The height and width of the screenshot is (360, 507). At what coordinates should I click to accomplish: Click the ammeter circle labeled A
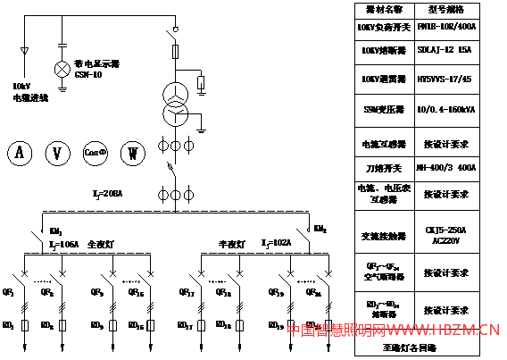coord(19,153)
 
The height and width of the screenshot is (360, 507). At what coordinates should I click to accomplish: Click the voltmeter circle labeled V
coord(57,153)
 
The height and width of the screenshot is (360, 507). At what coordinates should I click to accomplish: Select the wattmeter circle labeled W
coord(132,153)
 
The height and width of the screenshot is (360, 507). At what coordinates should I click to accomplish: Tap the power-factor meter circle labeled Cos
coord(95,153)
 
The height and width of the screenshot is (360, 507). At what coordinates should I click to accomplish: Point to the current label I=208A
coord(108,193)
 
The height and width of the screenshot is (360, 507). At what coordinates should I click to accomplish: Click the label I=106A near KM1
coord(65,243)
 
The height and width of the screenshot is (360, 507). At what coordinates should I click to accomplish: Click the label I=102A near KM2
coord(276,243)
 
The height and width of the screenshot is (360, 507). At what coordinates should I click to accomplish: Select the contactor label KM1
coord(56,230)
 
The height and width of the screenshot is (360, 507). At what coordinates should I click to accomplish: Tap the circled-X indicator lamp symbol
coord(62,69)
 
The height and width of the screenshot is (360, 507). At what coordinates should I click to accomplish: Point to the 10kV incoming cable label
coord(29,92)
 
